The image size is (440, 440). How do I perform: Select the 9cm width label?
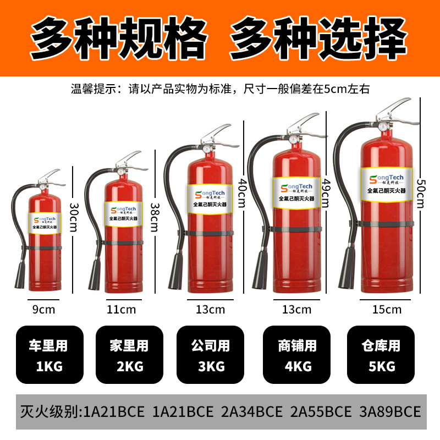(x=44, y=309)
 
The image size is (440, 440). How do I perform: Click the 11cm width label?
(x=121, y=309)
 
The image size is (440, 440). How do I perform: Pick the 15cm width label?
(x=387, y=309)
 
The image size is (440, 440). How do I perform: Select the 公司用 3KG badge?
(x=210, y=355)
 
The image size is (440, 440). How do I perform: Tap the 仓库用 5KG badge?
(x=381, y=355)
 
